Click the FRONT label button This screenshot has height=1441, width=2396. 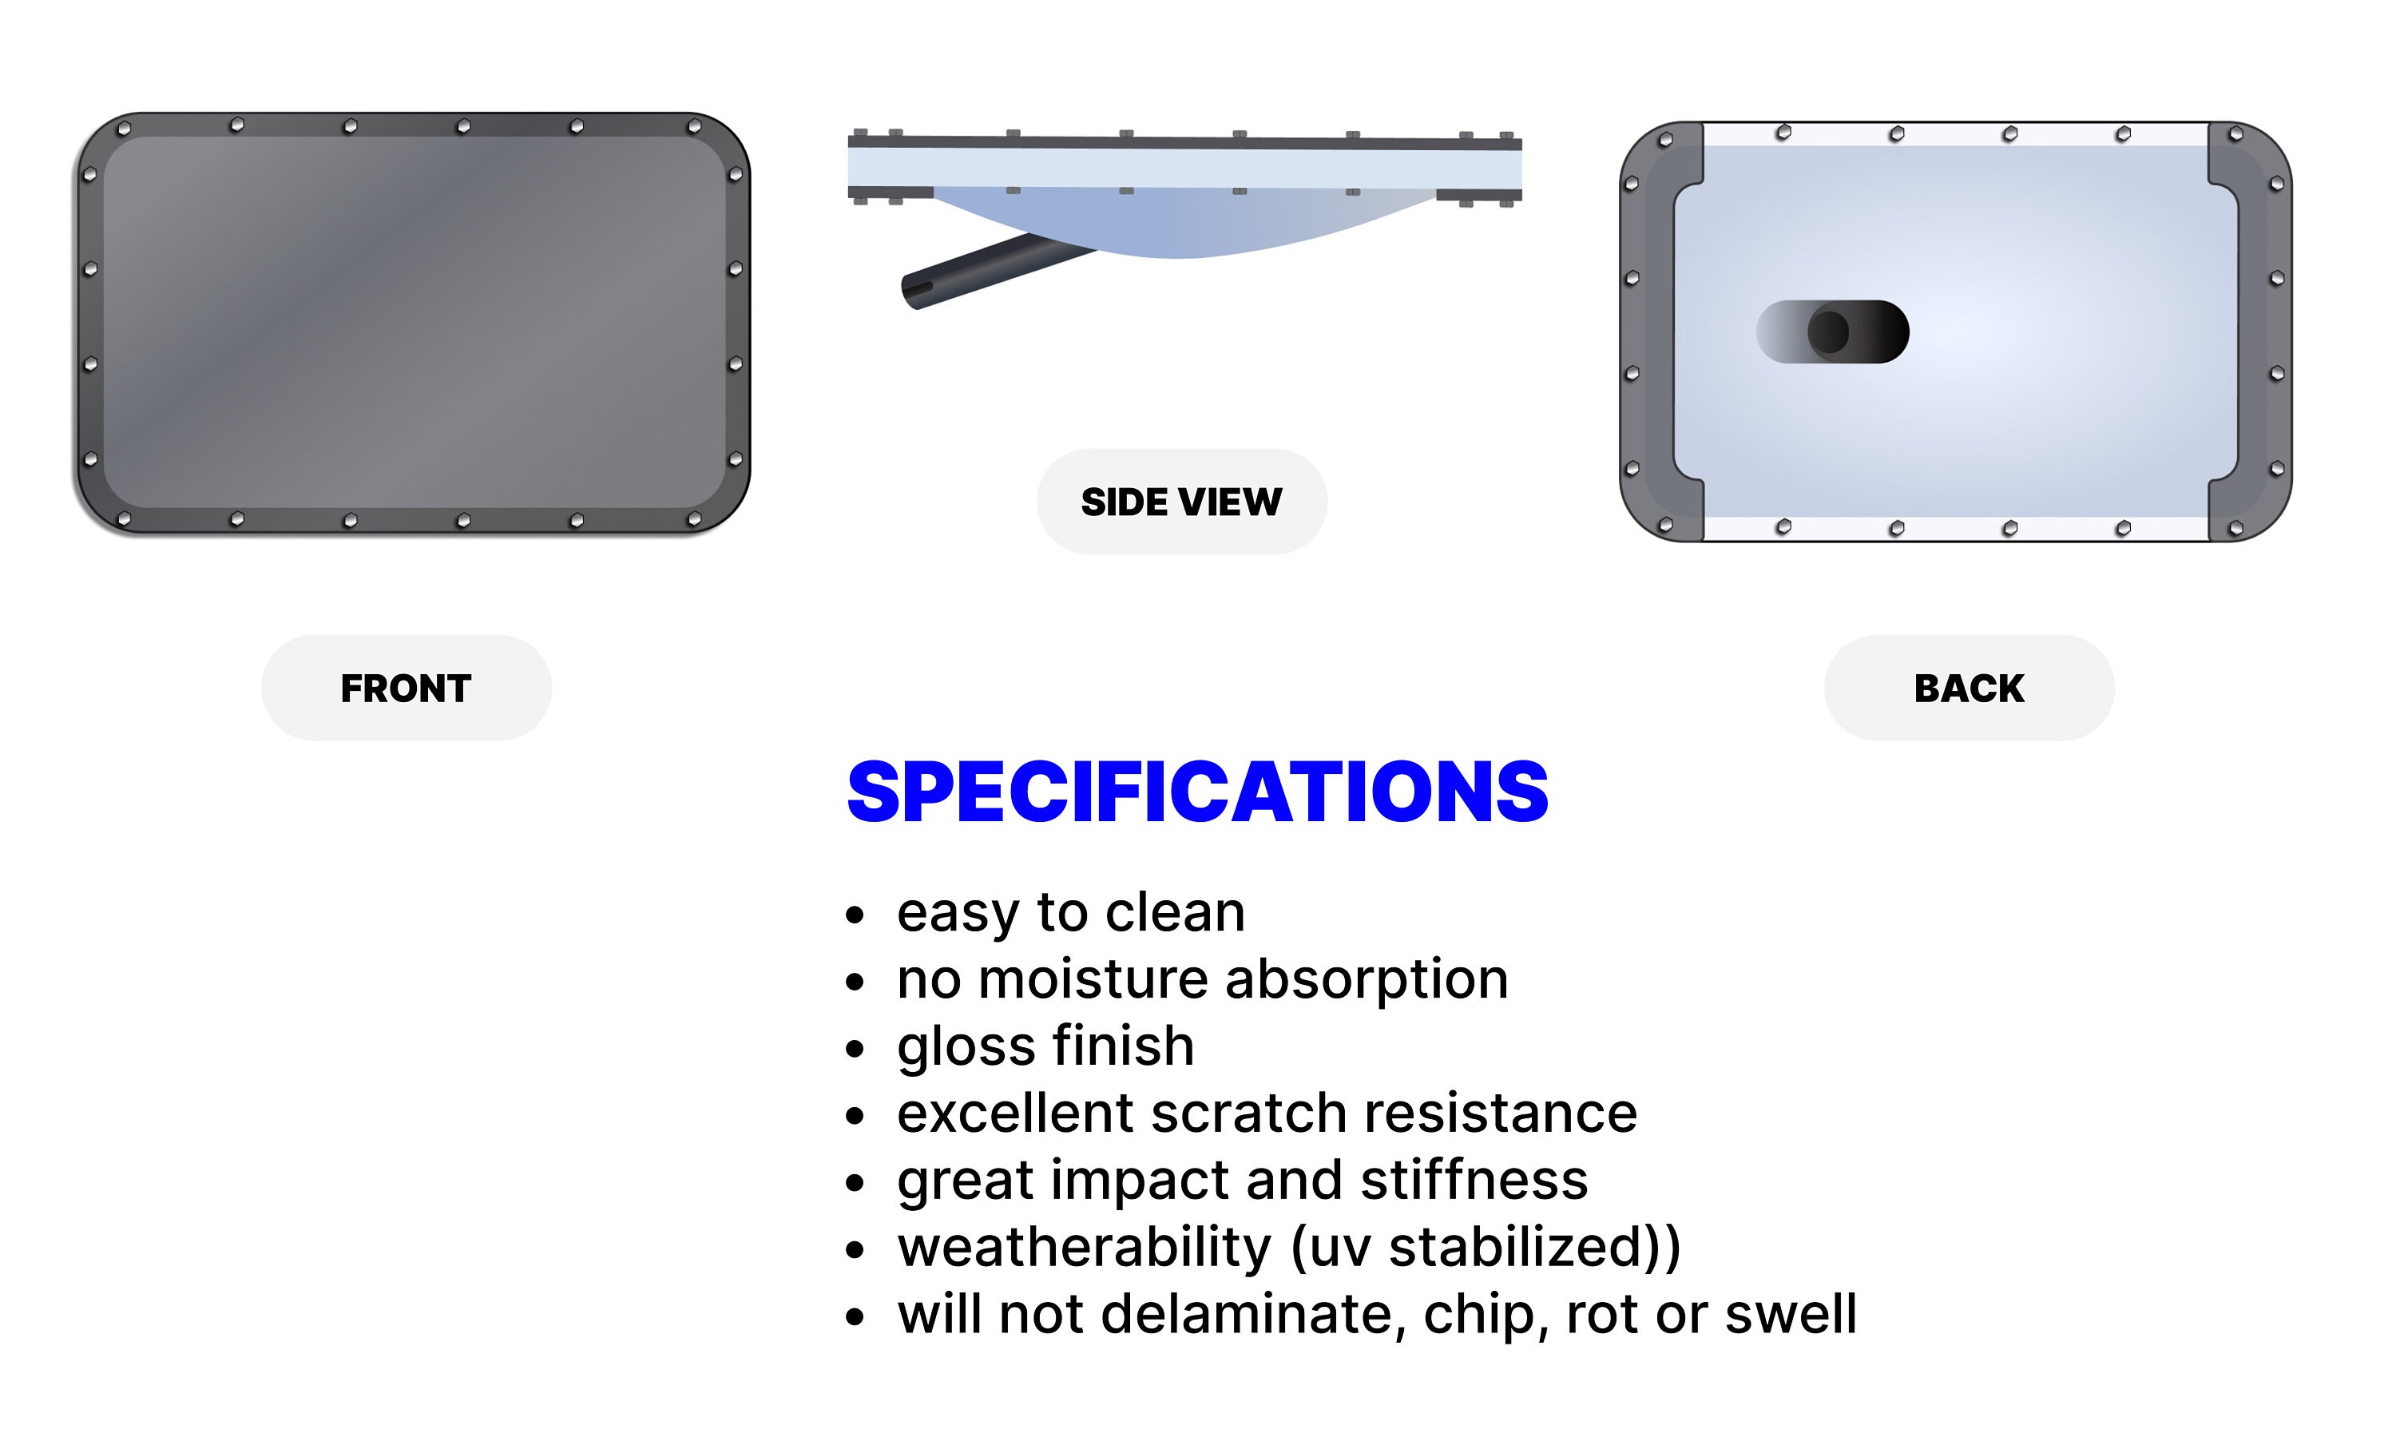pos(406,689)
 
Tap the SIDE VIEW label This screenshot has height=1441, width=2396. pos(1181,502)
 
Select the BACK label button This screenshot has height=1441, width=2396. pos(1969,689)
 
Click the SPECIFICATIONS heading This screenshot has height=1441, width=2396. pos(1197,792)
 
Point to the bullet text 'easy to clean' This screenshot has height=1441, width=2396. pos(1070,913)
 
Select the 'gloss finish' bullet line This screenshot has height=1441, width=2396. pos(1045,1046)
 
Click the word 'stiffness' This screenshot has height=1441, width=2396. pos(1474,1180)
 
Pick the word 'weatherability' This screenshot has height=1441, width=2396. pos(1084,1247)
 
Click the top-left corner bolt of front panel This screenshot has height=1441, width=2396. pos(123,128)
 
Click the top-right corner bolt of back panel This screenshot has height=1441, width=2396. pos(2235,134)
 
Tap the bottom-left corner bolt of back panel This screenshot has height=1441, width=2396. pos(1666,526)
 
